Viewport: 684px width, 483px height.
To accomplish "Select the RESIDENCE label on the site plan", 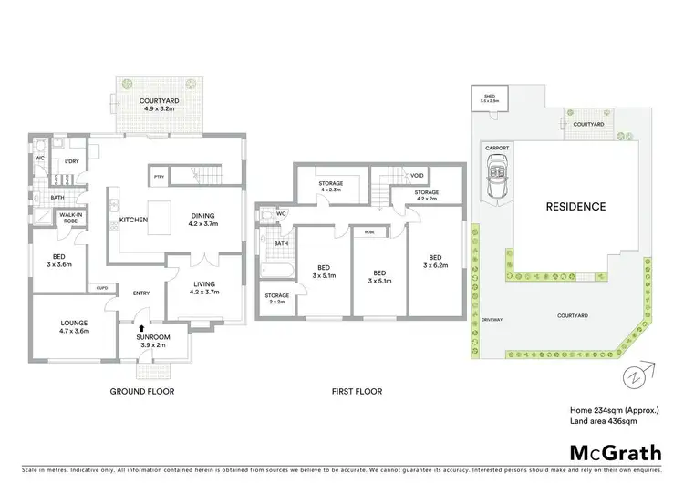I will pyautogui.click(x=575, y=206).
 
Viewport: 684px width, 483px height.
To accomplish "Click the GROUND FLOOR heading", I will pyautogui.click(x=142, y=391).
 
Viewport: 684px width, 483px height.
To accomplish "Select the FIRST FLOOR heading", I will pyautogui.click(x=356, y=391).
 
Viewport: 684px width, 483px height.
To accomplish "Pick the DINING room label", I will pyautogui.click(x=203, y=216).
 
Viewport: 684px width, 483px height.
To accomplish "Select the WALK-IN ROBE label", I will pyautogui.click(x=70, y=218).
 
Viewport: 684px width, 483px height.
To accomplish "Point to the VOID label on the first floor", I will pyautogui.click(x=418, y=176).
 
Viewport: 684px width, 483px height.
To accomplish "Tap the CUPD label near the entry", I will pyautogui.click(x=102, y=288).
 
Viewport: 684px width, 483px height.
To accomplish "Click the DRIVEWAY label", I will pyautogui.click(x=492, y=320).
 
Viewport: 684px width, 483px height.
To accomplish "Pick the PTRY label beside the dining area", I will pyautogui.click(x=159, y=176).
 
